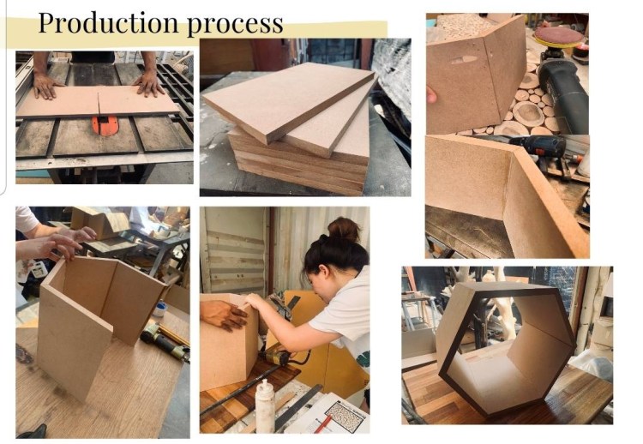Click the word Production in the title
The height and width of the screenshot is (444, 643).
point(108,23)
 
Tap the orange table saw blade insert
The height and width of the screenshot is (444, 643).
point(105,125)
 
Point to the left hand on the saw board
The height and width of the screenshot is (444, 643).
point(46,86)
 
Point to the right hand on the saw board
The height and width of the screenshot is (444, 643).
point(150,84)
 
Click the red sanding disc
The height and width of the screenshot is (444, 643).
point(558,35)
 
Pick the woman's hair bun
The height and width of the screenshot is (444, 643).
point(344,229)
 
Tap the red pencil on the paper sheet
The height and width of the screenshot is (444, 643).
point(323,424)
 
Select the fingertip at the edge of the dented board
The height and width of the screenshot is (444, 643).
point(431,95)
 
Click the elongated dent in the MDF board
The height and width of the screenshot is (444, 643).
point(464,60)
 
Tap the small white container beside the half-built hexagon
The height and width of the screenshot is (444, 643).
point(161,309)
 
